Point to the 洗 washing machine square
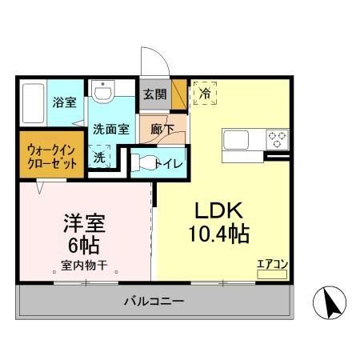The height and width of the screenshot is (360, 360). point(100,157)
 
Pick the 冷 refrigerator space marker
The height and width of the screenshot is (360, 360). point(204,93)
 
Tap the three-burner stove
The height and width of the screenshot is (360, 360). point(276,138)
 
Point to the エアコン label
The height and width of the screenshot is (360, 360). point(271,262)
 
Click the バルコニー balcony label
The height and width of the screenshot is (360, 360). point(154,302)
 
